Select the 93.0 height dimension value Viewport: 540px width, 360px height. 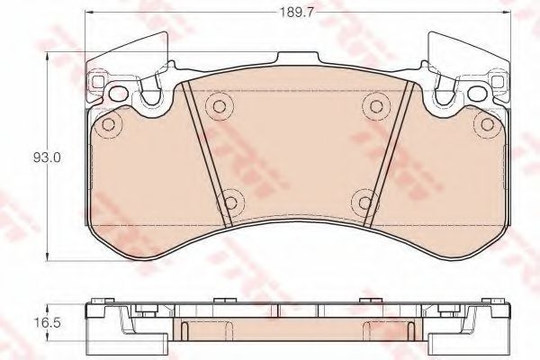pyautogui.click(x=46, y=157)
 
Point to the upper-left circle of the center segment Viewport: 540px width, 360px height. pyautogui.click(x=216, y=107)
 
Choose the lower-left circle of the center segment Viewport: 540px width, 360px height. pyautogui.click(x=229, y=201)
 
